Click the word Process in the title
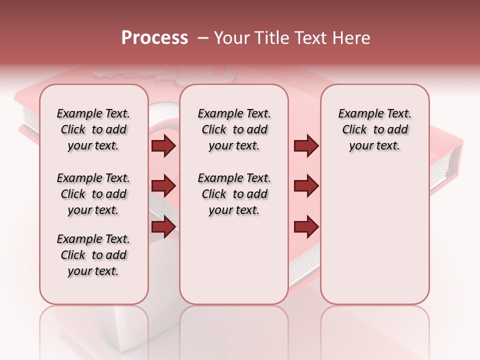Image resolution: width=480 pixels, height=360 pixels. click(x=154, y=38)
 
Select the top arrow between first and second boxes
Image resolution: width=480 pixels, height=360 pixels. click(x=163, y=146)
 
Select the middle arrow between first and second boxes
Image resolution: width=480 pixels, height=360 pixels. click(x=163, y=186)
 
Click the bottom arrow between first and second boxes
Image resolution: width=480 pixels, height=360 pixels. click(x=163, y=227)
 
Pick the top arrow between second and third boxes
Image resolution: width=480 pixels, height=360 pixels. click(x=306, y=146)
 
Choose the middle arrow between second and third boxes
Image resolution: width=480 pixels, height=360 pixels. click(x=306, y=186)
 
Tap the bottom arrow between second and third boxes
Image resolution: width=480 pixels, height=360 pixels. click(x=306, y=227)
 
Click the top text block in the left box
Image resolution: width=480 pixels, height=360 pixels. click(x=93, y=129)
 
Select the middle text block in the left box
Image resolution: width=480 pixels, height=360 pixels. click(x=93, y=194)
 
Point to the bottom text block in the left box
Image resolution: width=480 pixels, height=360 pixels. click(x=93, y=255)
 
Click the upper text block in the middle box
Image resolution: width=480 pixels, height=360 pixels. click(x=234, y=129)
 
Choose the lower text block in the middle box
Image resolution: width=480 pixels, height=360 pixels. click(x=234, y=194)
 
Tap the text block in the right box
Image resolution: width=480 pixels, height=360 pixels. click(x=374, y=129)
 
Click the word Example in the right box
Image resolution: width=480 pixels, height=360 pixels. click(x=356, y=114)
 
